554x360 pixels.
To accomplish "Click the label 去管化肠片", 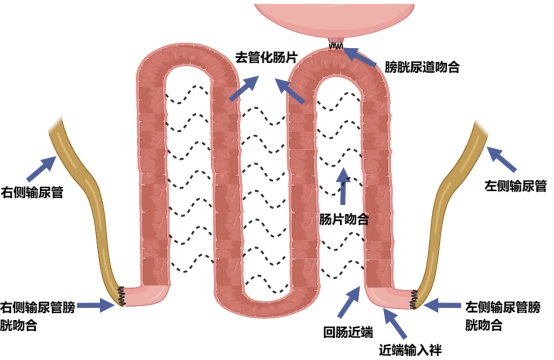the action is pyautogui.click(x=266, y=57).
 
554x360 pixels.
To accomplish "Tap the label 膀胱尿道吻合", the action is pyautogui.click(x=422, y=67).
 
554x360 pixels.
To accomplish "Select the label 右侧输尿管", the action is pyautogui.click(x=32, y=193).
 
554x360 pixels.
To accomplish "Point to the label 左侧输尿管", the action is pyautogui.click(x=515, y=186).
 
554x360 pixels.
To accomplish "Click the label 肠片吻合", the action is pyautogui.click(x=344, y=219).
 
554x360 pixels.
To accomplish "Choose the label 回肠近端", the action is pyautogui.click(x=348, y=332).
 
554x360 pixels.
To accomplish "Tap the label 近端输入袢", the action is pyautogui.click(x=410, y=350).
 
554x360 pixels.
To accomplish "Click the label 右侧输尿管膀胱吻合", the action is pyautogui.click(x=37, y=316).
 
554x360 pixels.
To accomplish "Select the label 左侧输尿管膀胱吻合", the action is pyautogui.click(x=502, y=316).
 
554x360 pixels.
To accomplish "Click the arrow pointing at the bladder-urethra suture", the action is pyautogui.click(x=360, y=57).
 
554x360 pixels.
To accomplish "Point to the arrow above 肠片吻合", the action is pyautogui.click(x=343, y=185).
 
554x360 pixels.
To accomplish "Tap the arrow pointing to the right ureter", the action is pyautogui.click(x=42, y=169).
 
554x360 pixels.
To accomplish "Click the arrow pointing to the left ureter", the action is pyautogui.click(x=501, y=159).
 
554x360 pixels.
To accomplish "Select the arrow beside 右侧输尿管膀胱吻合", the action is pyautogui.click(x=96, y=305).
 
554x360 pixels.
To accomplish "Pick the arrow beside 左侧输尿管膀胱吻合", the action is pyautogui.click(x=442, y=305).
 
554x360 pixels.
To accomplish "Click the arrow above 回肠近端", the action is pyautogui.click(x=349, y=302).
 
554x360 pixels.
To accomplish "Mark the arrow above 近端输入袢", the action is pyautogui.click(x=395, y=323).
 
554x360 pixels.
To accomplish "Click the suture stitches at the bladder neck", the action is pyautogui.click(x=336, y=46).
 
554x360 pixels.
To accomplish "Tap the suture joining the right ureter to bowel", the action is pyautogui.click(x=122, y=296).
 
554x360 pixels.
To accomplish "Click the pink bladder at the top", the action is pyautogui.click(x=334, y=20).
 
